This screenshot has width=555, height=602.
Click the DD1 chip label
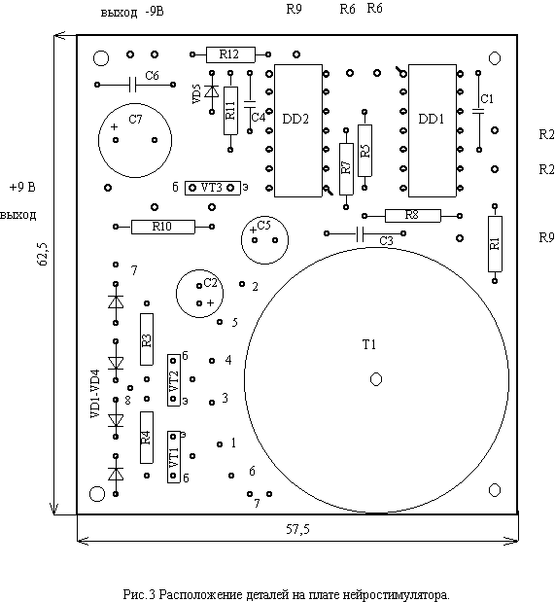point(431,119)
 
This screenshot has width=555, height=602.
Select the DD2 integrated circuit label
point(295,119)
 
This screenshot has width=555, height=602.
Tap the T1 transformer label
point(369,345)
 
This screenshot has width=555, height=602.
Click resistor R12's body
point(230,54)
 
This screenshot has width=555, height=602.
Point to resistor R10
point(163,227)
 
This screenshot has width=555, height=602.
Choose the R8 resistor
point(412,216)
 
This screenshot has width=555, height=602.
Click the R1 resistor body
point(495,244)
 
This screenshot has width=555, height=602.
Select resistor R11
point(230,111)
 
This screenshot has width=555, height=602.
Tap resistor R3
point(147,339)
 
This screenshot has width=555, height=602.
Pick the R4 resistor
point(147,438)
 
